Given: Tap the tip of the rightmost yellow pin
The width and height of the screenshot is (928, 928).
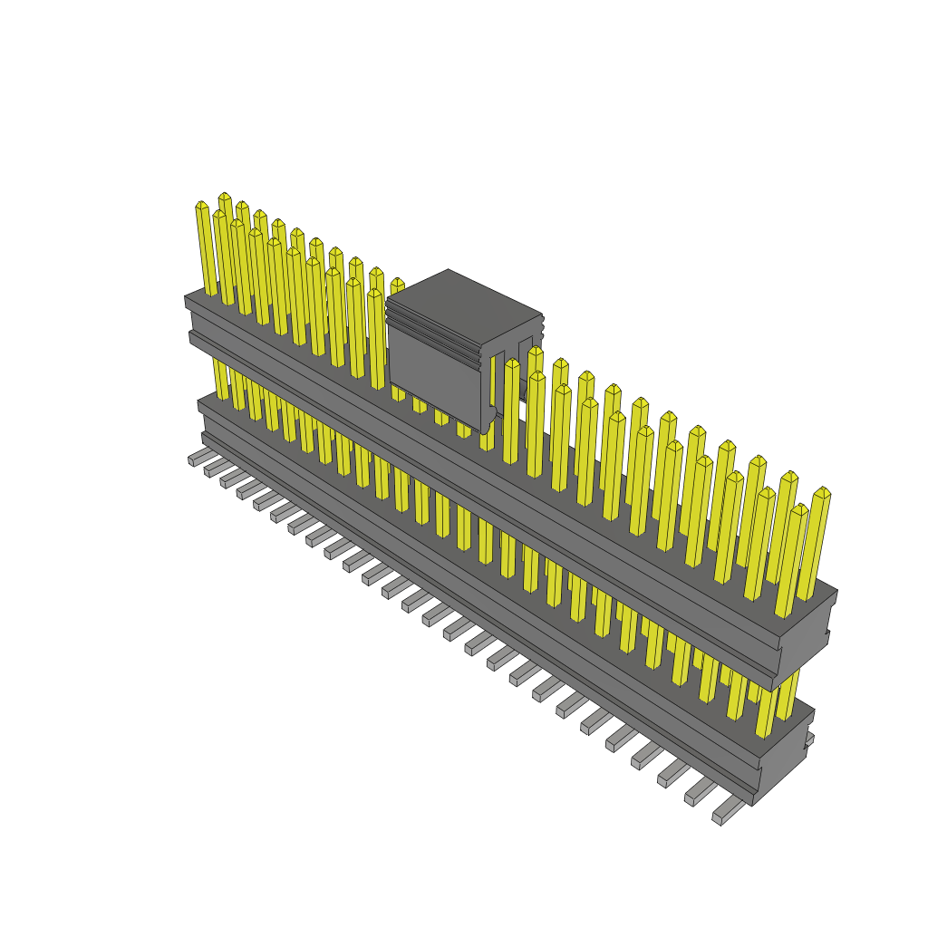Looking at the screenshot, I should pos(823,493).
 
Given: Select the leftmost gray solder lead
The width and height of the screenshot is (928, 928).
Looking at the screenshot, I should pos(197,458).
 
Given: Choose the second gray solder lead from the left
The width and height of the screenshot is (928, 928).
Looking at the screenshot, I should pos(213,469).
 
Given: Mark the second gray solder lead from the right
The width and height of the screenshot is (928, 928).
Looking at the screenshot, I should pos(698,793).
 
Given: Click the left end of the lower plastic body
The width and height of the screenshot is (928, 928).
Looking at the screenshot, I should pos(201,417).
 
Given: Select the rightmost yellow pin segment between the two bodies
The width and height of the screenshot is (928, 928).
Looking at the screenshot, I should pos(789,698).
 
